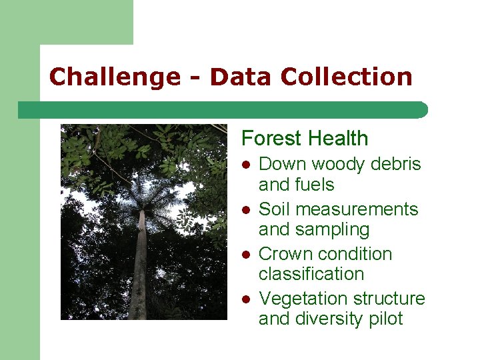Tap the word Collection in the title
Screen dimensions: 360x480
(347, 77)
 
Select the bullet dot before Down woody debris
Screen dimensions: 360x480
(245, 165)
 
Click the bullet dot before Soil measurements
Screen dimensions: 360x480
(245, 209)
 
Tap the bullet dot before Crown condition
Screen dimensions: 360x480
(245, 254)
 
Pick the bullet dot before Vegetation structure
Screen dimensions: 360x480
(245, 299)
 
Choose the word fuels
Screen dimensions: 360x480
(316, 185)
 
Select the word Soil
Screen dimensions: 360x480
(274, 209)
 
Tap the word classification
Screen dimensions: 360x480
(311, 274)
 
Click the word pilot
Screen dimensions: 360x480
(385, 319)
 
